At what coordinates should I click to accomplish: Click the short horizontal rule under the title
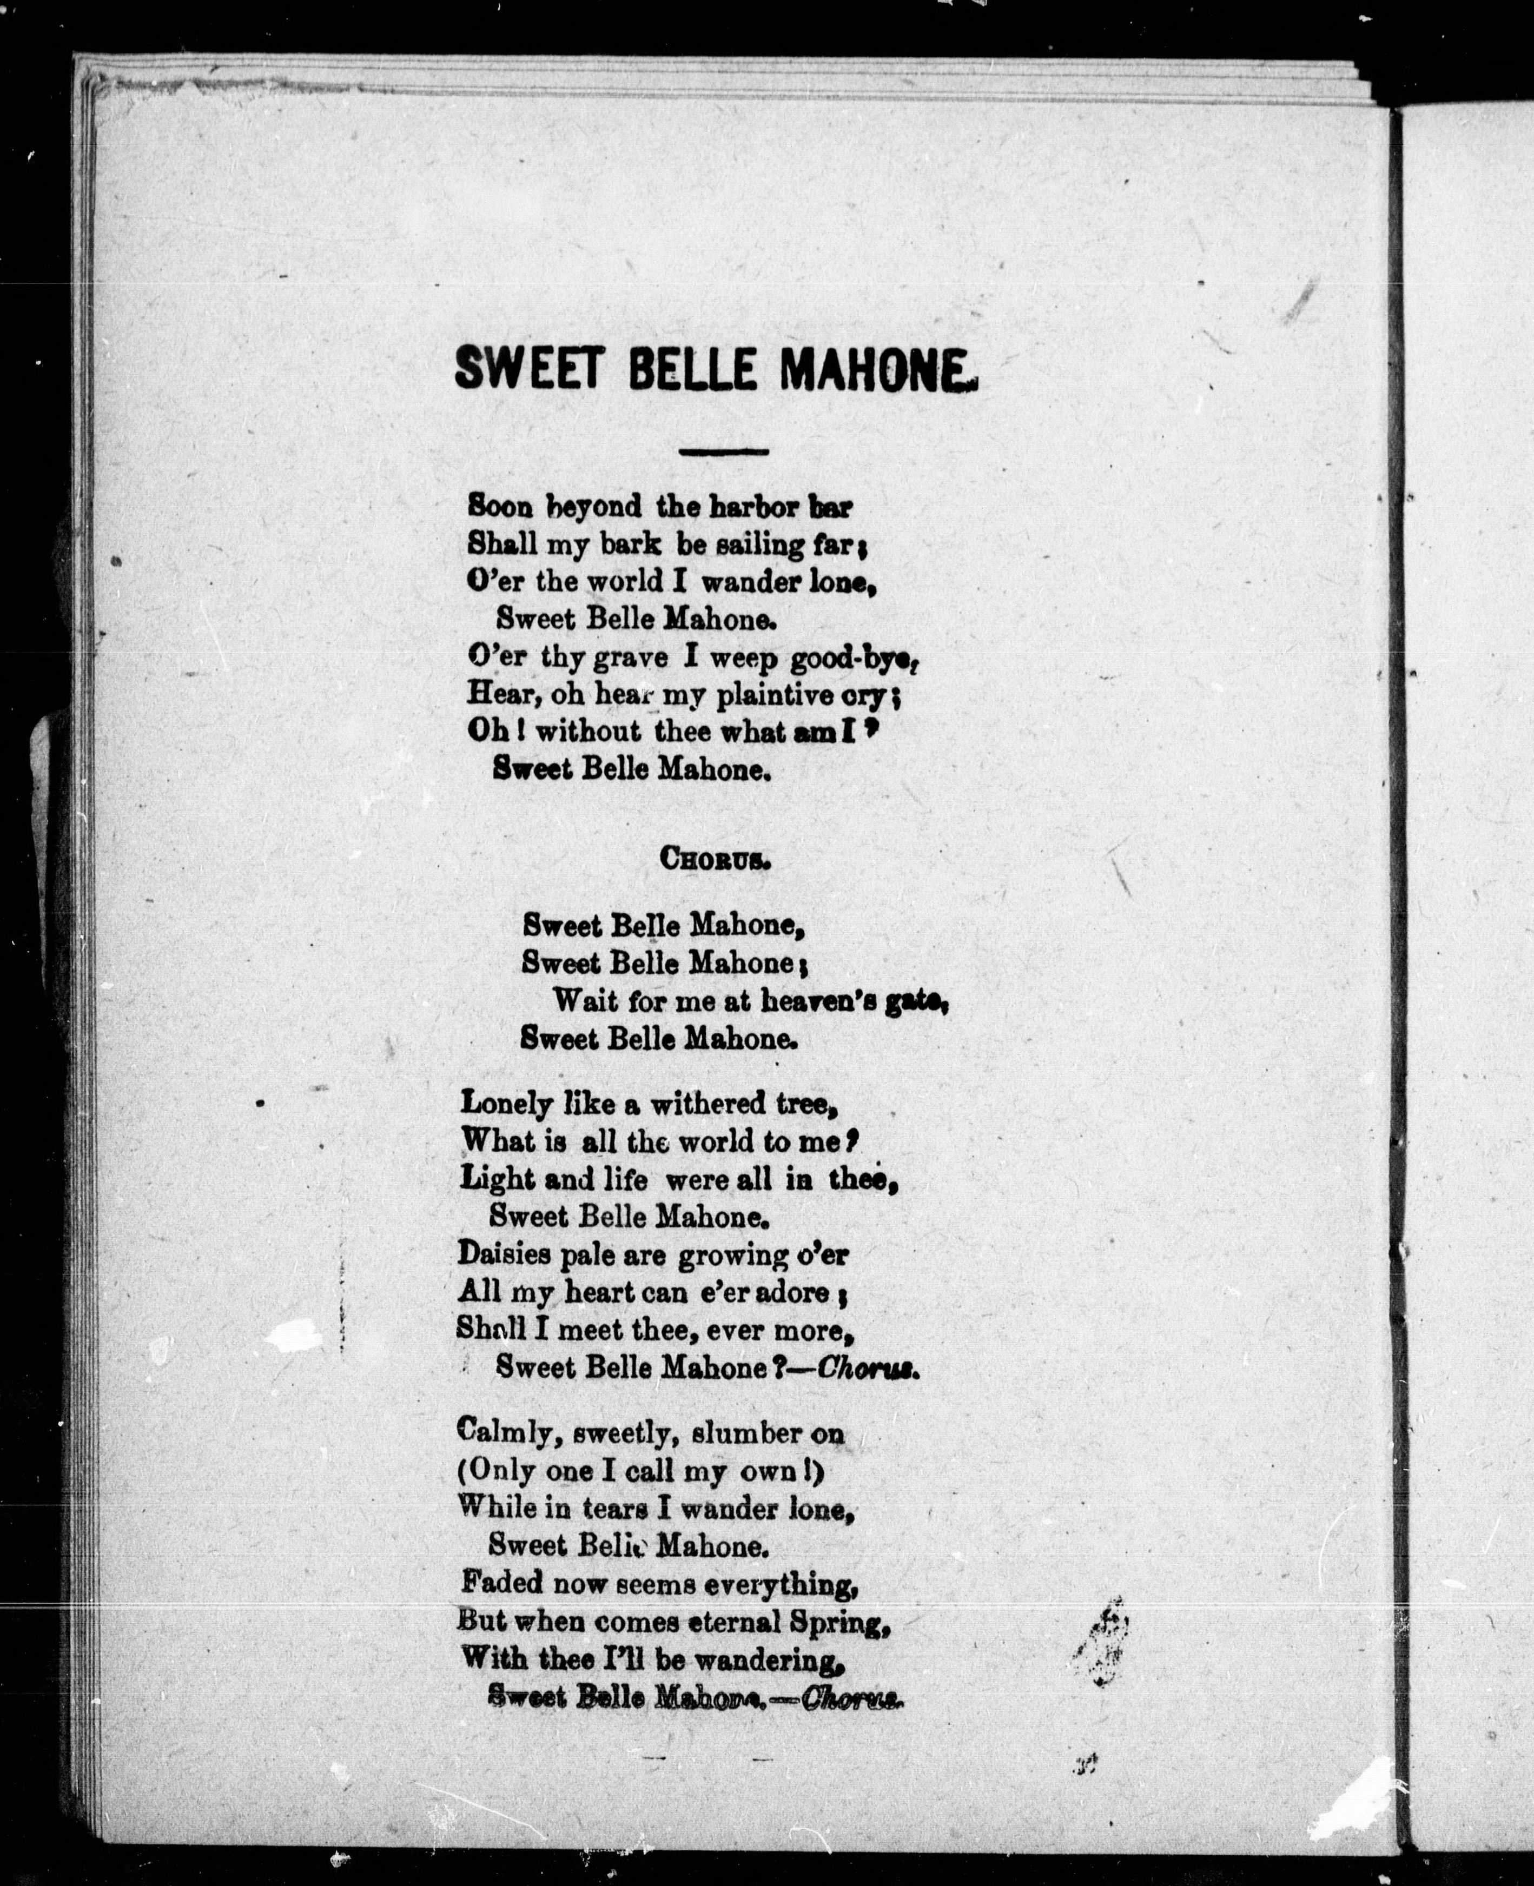click(723, 452)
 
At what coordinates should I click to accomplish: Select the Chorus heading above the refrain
click(716, 861)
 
